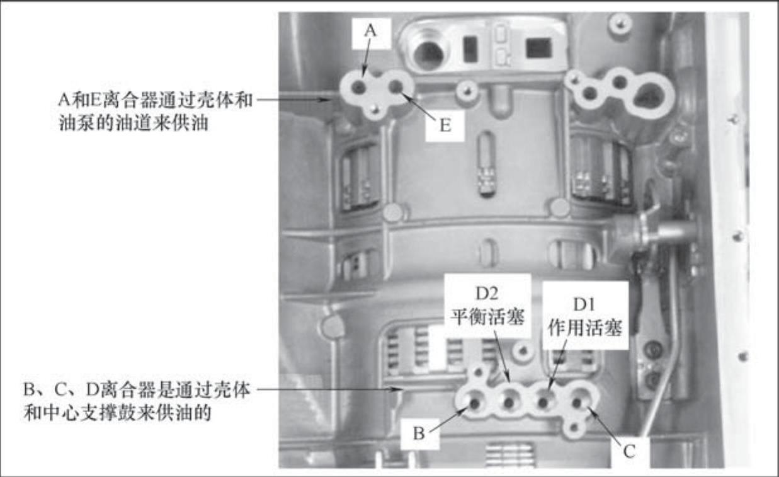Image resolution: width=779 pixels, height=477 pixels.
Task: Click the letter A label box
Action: pyautogui.click(x=372, y=34)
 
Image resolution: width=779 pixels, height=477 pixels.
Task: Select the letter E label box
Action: pyautogui.click(x=445, y=126)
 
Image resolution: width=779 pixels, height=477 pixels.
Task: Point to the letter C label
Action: pyautogui.click(x=629, y=452)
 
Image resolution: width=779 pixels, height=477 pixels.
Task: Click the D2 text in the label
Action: pyautogui.click(x=487, y=294)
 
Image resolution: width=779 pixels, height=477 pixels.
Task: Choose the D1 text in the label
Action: pyautogui.click(x=584, y=305)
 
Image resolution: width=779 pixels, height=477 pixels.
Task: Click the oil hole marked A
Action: pyautogui.click(x=358, y=88)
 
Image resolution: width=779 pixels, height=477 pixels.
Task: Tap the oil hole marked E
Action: pyautogui.click(x=396, y=86)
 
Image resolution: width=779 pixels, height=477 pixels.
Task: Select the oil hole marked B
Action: pyautogui.click(x=475, y=403)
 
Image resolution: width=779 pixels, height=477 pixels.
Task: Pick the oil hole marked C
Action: pyautogui.click(x=577, y=403)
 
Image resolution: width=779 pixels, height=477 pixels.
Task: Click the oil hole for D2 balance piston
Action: pyautogui.click(x=509, y=403)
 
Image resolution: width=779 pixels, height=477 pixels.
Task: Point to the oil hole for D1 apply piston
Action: pyautogui.click(x=543, y=403)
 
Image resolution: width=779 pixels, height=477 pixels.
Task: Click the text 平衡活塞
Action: pyautogui.click(x=487, y=318)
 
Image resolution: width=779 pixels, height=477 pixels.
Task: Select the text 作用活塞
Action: pyautogui.click(x=585, y=328)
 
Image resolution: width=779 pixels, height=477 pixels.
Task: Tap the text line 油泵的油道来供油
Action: pyautogui.click(x=134, y=122)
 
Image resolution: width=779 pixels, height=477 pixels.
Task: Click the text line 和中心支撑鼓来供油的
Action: pyautogui.click(x=118, y=413)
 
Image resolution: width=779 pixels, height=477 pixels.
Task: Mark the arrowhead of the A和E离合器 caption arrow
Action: pyautogui.click(x=327, y=100)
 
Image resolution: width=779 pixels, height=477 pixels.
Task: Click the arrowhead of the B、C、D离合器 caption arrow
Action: pyautogui.click(x=399, y=389)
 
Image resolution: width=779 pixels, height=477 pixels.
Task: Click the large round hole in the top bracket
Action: pyautogui.click(x=429, y=55)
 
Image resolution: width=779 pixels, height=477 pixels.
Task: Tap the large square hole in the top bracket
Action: pyautogui.click(x=538, y=48)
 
